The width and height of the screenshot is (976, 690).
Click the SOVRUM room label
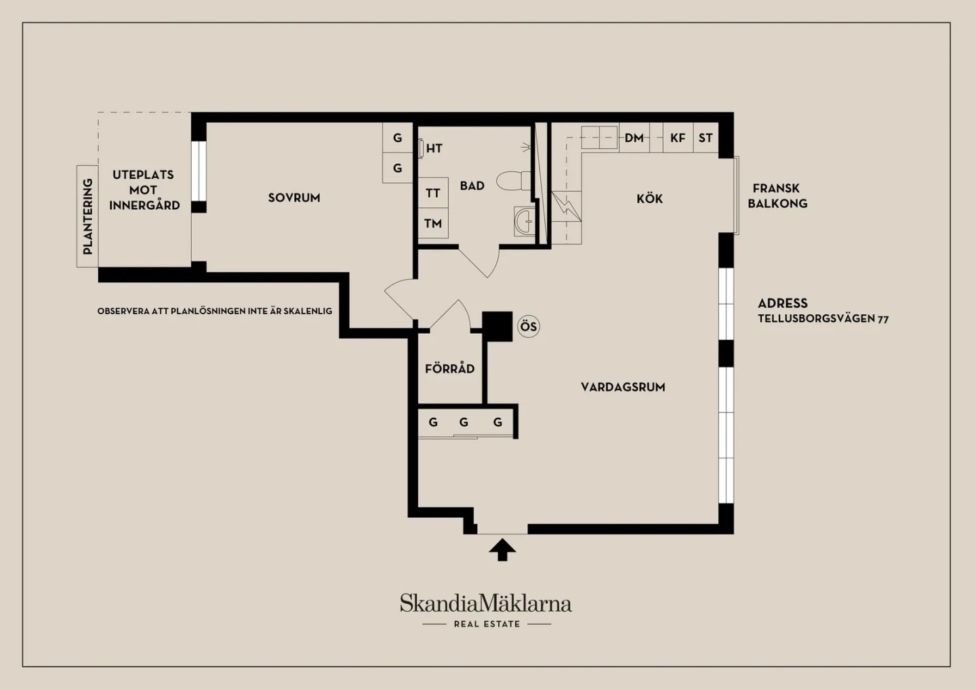tap(294, 198)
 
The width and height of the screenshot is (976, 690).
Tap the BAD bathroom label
tap(472, 186)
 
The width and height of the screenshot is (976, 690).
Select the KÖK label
tap(649, 198)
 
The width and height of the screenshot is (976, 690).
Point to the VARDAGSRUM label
tap(623, 387)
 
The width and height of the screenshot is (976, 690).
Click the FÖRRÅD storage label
tap(449, 368)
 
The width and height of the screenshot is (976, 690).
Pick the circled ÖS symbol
tap(529, 326)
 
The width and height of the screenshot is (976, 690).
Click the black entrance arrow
tap(502, 550)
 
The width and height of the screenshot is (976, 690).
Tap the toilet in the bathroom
tap(514, 181)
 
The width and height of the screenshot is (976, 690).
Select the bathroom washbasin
tap(524, 221)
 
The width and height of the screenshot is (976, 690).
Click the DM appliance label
tap(634, 138)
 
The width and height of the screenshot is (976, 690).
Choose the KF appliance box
tap(678, 137)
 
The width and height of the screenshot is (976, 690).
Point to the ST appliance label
tap(706, 138)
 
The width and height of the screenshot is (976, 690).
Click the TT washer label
tap(432, 193)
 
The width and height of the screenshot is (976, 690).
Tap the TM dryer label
tap(433, 223)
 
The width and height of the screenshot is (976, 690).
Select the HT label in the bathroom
tap(434, 148)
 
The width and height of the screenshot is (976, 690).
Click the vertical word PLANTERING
tap(87, 217)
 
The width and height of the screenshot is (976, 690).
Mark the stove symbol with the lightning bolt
tap(566, 207)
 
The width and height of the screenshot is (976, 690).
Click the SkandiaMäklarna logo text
tap(486, 603)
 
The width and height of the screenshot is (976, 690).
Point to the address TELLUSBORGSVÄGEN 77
tap(823, 319)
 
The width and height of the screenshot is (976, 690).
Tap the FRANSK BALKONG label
tap(778, 196)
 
